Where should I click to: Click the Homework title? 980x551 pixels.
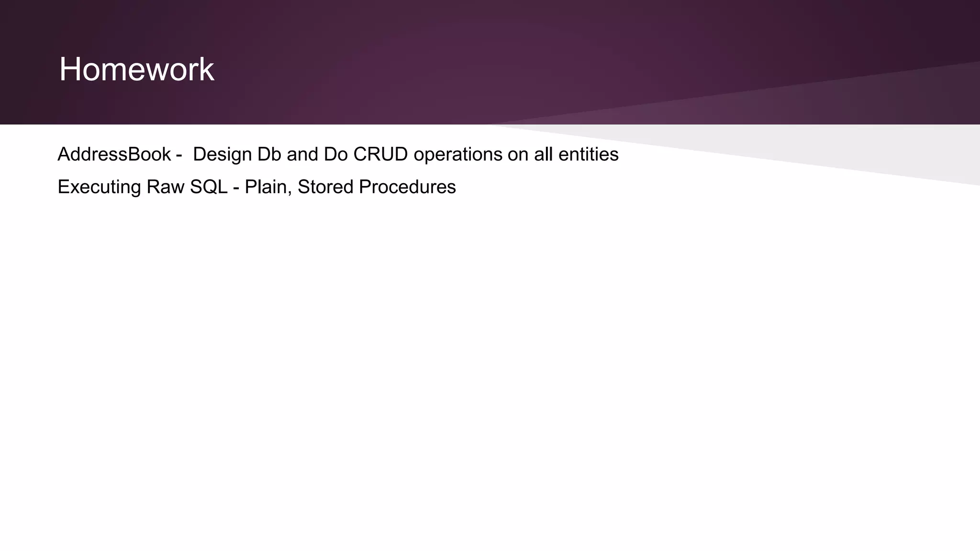[x=136, y=70]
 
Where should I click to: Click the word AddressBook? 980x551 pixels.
[x=114, y=154]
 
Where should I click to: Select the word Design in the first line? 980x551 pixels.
[x=222, y=154]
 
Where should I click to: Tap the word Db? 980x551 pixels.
[x=269, y=154]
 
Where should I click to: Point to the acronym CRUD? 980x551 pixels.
[x=380, y=154]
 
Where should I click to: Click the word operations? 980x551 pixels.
[x=458, y=154]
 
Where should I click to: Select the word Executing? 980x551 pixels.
[x=99, y=187]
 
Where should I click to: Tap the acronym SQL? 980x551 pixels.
[x=209, y=187]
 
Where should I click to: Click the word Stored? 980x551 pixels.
[x=325, y=187]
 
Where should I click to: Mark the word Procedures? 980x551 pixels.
[x=407, y=187]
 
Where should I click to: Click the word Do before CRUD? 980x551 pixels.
[x=335, y=154]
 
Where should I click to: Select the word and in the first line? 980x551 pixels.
[x=302, y=154]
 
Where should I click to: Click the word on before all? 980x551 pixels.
[x=518, y=154]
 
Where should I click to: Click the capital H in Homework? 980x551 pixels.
[x=69, y=70]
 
